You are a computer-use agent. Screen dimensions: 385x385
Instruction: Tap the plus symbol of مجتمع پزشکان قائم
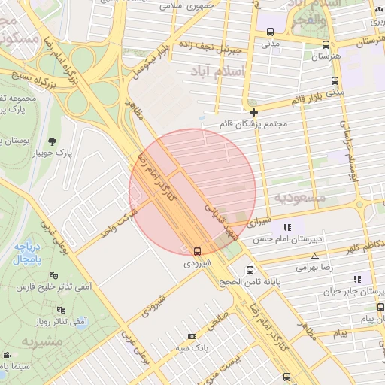coord(254,112)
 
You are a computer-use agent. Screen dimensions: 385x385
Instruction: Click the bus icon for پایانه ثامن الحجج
coord(250,270)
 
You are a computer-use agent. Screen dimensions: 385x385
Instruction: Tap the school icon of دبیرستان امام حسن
coord(286,227)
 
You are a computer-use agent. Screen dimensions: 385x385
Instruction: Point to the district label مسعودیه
coord(299,197)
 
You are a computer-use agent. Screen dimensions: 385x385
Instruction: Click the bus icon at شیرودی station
coord(197,251)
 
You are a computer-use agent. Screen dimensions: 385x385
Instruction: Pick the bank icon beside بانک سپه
coord(192,335)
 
